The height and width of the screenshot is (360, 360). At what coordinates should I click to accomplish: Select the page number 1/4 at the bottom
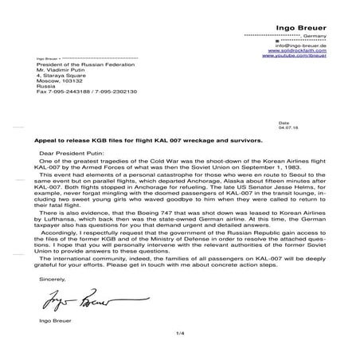click(x=179, y=342)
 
